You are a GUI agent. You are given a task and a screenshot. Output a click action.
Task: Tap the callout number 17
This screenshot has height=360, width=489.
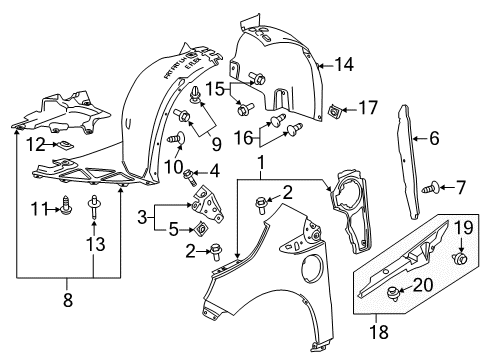point(368,106)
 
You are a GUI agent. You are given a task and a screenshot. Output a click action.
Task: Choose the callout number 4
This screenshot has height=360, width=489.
point(213,170)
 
